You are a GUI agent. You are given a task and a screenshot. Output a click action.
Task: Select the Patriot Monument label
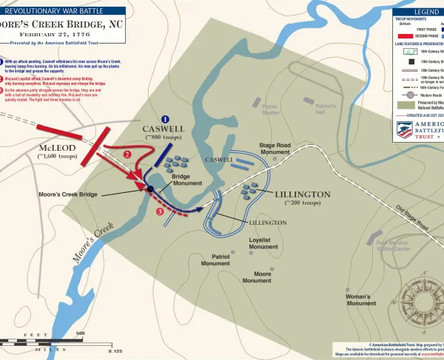215,259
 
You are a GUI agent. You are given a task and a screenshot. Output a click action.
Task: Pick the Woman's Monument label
361,299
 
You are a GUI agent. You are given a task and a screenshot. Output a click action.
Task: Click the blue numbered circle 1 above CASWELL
165,119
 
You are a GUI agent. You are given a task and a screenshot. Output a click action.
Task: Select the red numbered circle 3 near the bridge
160,211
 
